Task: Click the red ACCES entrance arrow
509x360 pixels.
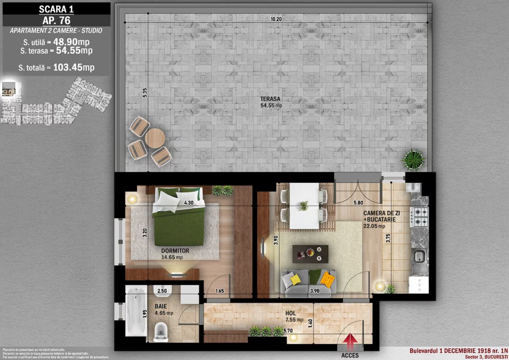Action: pos(350,340)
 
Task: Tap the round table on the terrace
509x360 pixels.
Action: pos(154,138)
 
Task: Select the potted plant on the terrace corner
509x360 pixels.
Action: pos(413,160)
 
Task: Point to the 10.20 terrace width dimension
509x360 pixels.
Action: pos(276,19)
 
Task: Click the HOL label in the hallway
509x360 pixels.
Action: pos(291,313)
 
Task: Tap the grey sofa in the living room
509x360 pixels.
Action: pos(308,284)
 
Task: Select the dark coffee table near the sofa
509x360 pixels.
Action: pos(310,253)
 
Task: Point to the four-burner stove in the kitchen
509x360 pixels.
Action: pos(419,217)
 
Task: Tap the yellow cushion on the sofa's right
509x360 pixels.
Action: pos(327,279)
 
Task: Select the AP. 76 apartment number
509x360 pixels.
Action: pos(56,20)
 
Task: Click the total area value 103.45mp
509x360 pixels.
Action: pos(74,67)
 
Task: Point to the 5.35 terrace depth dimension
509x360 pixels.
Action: pos(145,93)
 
